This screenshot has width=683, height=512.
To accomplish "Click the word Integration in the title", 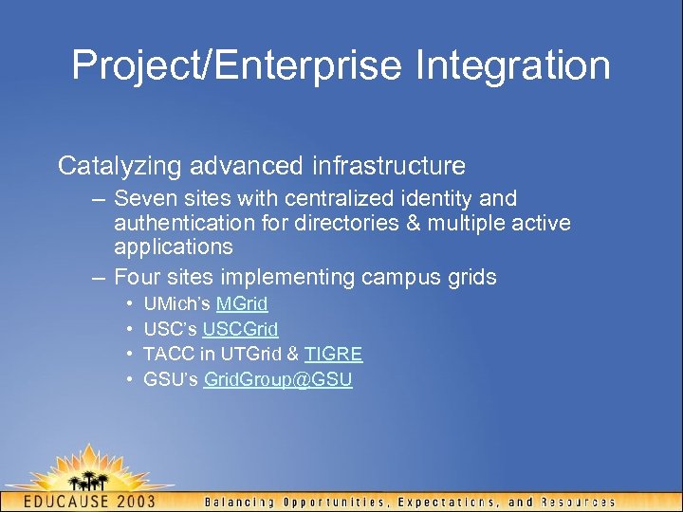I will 513,66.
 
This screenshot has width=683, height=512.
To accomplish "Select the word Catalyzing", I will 120,166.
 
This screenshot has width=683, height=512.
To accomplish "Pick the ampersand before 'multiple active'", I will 410,223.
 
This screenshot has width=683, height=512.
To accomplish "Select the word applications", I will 173,247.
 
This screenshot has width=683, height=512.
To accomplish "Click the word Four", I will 135,278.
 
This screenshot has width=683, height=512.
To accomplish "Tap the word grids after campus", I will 470,278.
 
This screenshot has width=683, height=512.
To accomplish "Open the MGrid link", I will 242,304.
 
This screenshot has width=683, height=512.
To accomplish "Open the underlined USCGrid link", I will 240,330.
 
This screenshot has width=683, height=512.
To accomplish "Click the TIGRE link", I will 333,355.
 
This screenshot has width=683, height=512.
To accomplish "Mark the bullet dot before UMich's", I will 128,304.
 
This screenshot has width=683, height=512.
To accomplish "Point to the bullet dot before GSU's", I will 128,380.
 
